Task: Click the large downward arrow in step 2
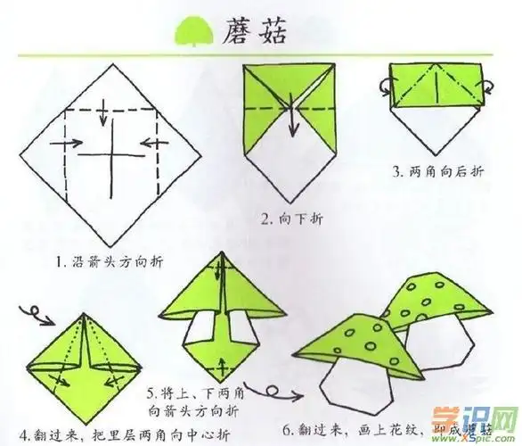290,122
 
